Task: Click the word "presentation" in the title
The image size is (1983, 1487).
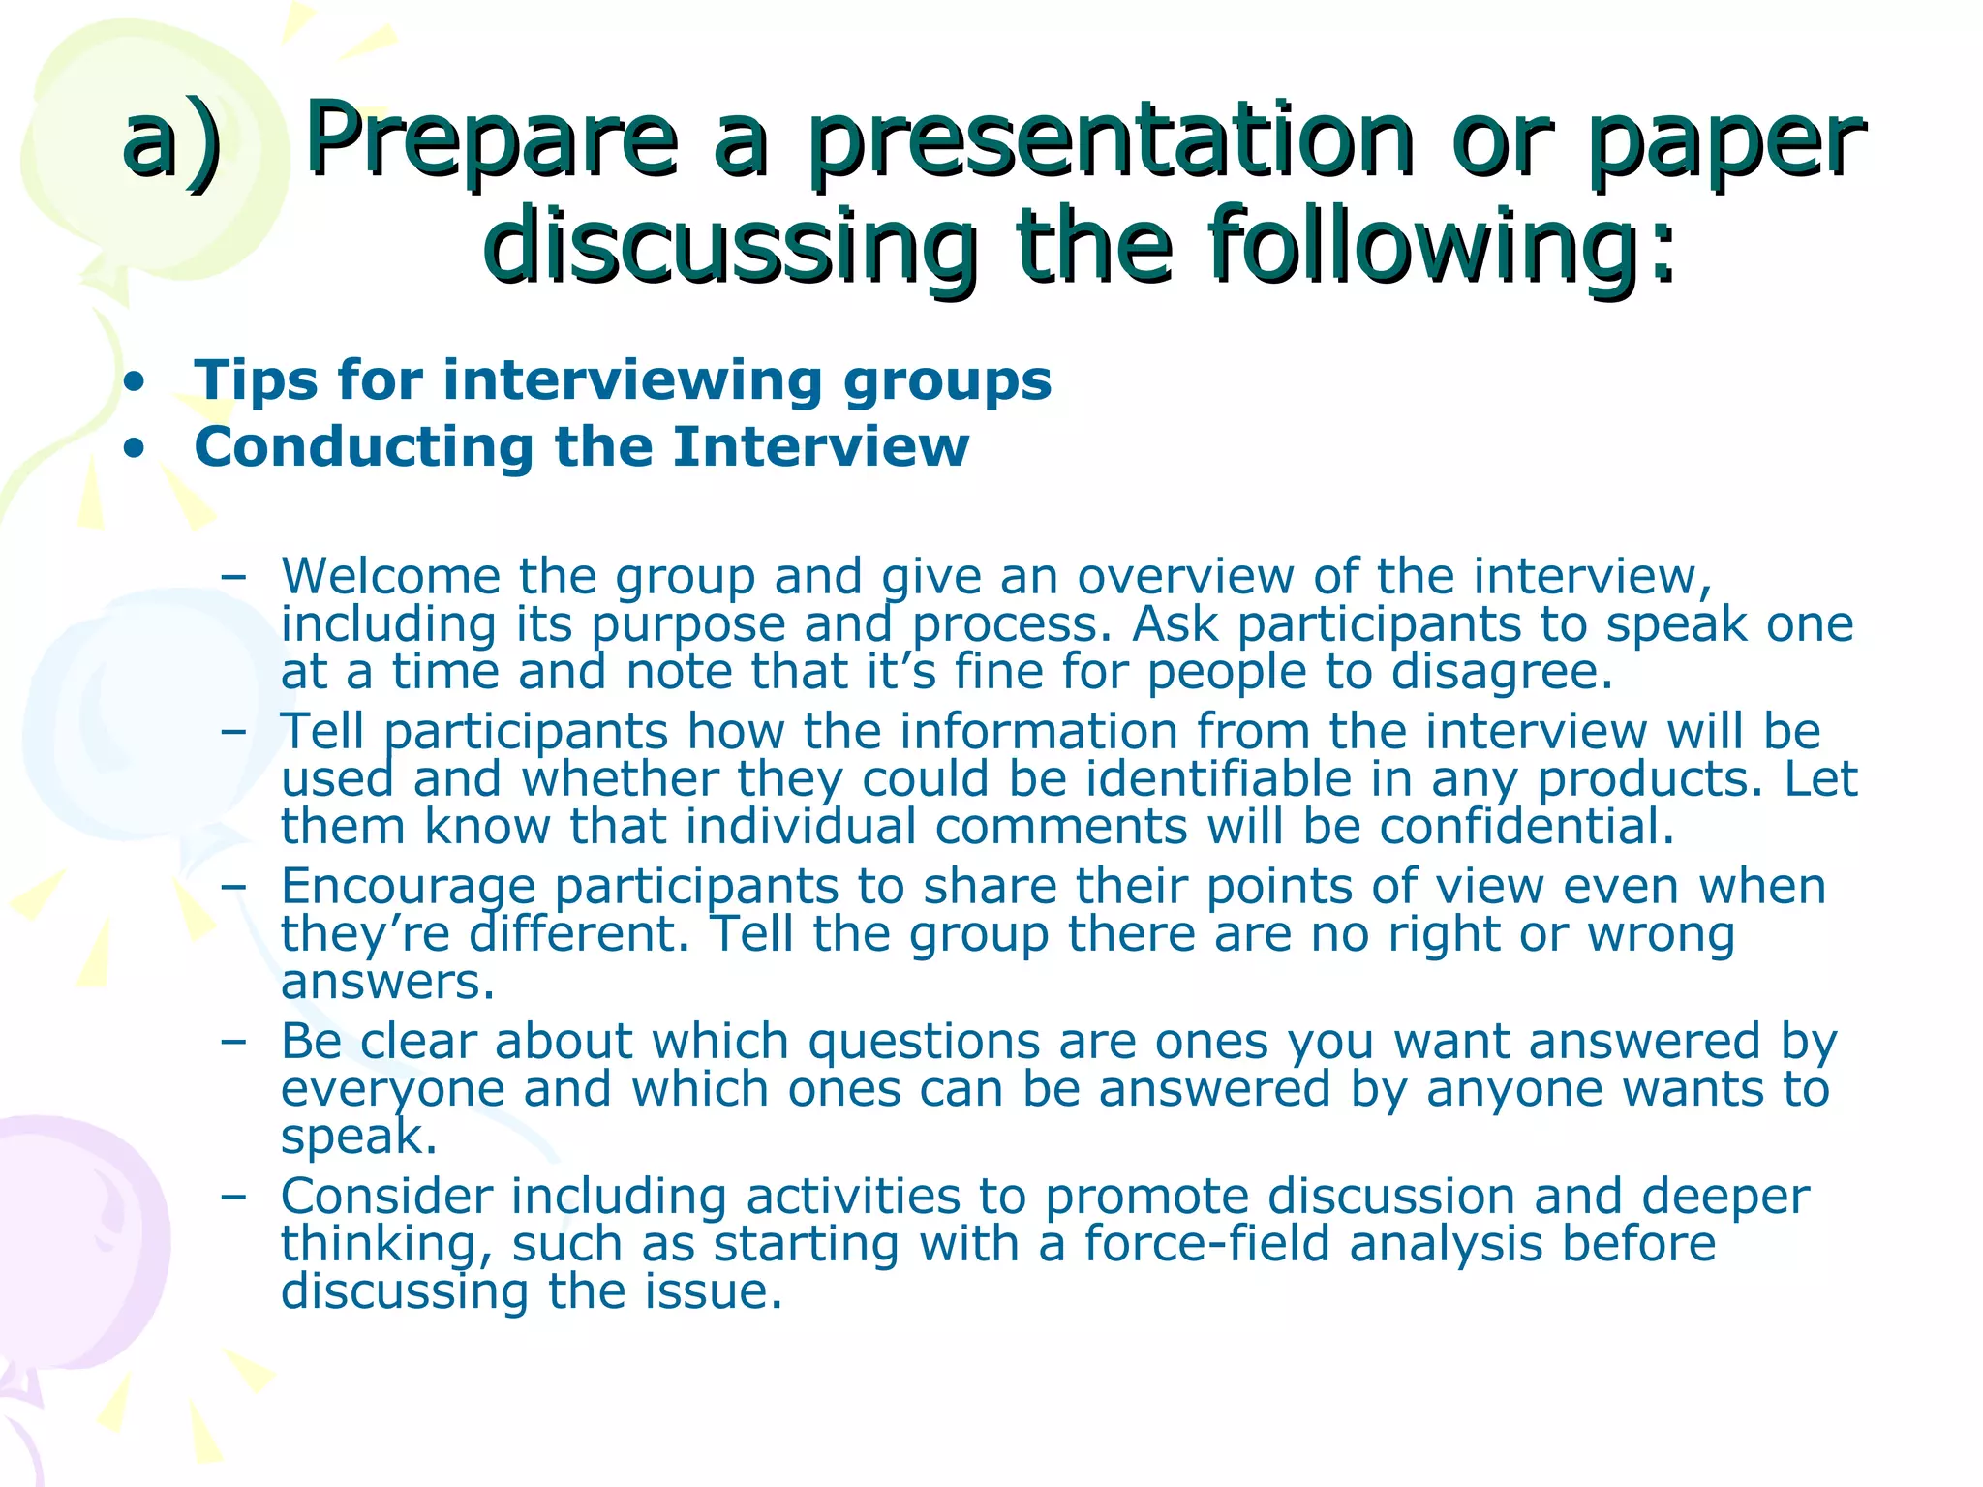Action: tap(1112, 143)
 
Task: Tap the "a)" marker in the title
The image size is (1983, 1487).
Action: tap(172, 143)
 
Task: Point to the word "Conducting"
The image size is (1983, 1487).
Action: tap(363, 447)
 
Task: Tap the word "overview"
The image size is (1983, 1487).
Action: tap(1185, 577)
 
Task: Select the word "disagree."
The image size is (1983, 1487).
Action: tap(1503, 672)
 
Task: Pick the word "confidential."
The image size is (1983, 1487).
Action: tap(1527, 827)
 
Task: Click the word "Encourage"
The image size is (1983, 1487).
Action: tap(408, 887)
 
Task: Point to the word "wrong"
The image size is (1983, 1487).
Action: tap(1661, 934)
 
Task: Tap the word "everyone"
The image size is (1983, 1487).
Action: tap(392, 1090)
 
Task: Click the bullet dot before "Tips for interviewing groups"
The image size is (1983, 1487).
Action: tap(136, 381)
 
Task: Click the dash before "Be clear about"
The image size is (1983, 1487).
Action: tap(232, 1043)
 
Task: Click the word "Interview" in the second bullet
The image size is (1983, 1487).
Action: tap(821, 447)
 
